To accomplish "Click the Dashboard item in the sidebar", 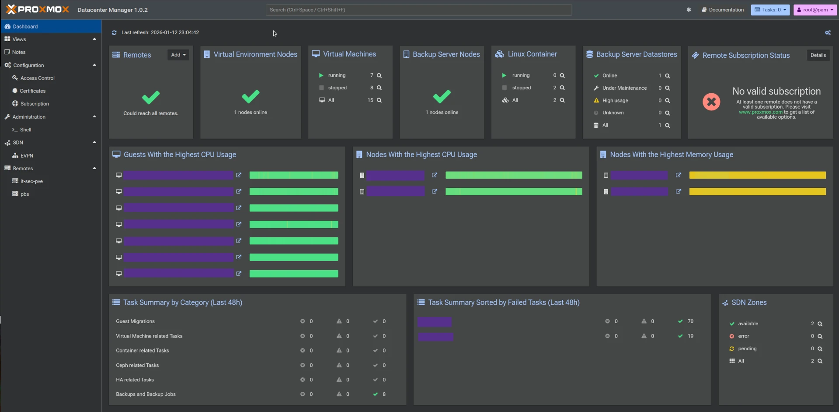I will [x=25, y=26].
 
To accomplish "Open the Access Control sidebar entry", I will [x=37, y=78].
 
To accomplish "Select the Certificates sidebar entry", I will [x=32, y=91].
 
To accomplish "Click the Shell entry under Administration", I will [x=25, y=130].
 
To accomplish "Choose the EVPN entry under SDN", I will [x=27, y=155].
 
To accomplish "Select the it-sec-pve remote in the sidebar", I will [x=31, y=181].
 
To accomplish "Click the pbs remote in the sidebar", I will [x=24, y=194].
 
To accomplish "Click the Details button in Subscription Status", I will [x=818, y=55].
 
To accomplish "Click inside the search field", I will [x=418, y=10].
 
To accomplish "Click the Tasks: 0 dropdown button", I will [x=770, y=10].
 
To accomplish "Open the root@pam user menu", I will [x=815, y=10].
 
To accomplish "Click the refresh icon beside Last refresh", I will [x=114, y=32].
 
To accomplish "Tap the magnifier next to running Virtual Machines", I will [x=379, y=75].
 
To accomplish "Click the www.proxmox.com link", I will [x=760, y=112].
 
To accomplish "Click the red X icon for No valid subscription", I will [x=711, y=102].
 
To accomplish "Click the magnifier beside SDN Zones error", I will [x=820, y=336].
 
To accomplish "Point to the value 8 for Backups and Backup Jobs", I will [x=384, y=394].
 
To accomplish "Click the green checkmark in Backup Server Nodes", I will [x=442, y=96].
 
